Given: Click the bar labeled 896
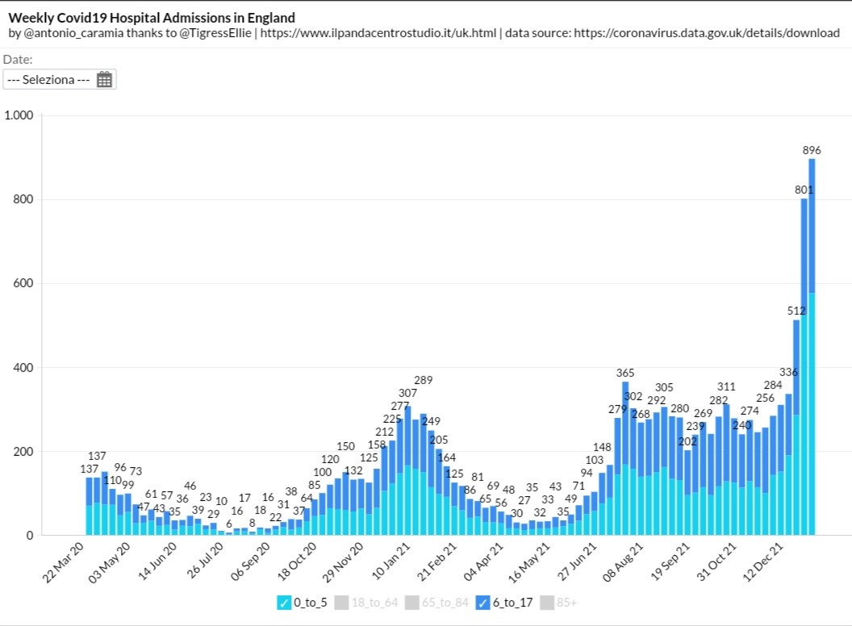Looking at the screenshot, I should click(x=812, y=347).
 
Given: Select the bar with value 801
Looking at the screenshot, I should click(x=804, y=363).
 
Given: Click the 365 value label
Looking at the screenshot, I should click(x=625, y=373).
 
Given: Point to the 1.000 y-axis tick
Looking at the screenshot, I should click(x=19, y=115).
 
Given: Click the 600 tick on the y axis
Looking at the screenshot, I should click(x=23, y=283).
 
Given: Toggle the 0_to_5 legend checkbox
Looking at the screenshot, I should click(x=283, y=603).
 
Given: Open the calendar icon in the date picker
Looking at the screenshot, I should click(x=104, y=79).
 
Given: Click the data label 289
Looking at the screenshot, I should click(x=424, y=379).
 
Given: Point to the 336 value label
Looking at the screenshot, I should click(x=788, y=372).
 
